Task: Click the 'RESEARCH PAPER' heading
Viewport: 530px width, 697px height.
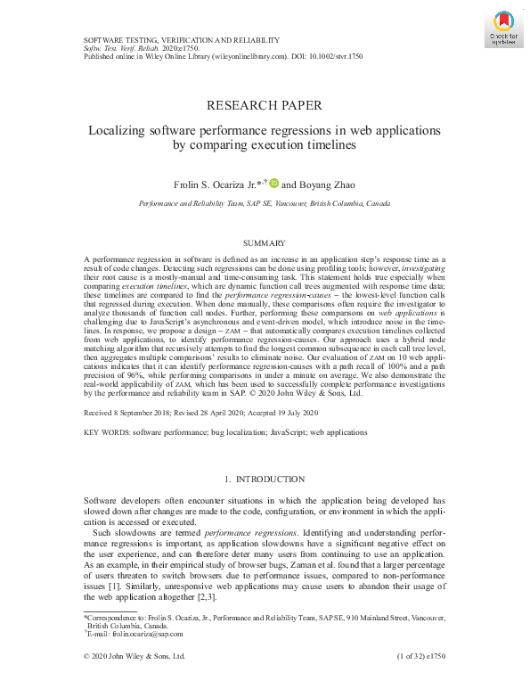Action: click(x=264, y=106)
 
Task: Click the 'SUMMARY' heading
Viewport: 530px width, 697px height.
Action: click(x=265, y=243)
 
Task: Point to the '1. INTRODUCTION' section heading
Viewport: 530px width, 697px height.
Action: click(x=265, y=480)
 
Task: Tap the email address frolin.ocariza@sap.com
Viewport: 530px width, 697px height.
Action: click(x=135, y=634)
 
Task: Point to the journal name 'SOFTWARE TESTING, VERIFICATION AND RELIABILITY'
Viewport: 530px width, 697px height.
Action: click(x=182, y=40)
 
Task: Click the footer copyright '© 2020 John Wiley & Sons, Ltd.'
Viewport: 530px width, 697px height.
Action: click(x=135, y=656)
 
